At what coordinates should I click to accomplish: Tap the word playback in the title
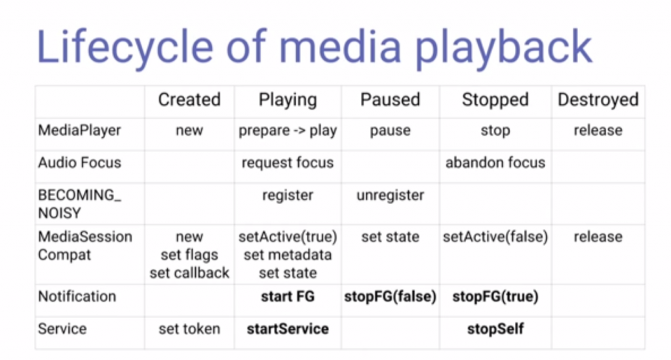504,47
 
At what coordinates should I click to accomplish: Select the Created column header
189,100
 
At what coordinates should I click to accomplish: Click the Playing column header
288,100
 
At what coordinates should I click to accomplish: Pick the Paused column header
391,100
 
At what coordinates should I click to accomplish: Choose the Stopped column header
495,100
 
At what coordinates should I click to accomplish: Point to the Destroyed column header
598,100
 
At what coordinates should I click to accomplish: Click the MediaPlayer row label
79,130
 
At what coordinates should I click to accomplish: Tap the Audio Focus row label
79,163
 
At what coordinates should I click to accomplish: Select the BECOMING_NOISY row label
79,204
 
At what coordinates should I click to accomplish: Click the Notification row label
77,296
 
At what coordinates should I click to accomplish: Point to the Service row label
62,329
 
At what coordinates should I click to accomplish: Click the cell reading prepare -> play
288,130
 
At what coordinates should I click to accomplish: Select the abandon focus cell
495,163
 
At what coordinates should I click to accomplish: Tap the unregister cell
391,195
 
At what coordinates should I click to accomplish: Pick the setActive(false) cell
495,237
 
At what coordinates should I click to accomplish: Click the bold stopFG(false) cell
391,296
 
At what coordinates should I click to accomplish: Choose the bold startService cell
288,329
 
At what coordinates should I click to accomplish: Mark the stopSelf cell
495,329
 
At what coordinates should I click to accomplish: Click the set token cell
189,329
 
